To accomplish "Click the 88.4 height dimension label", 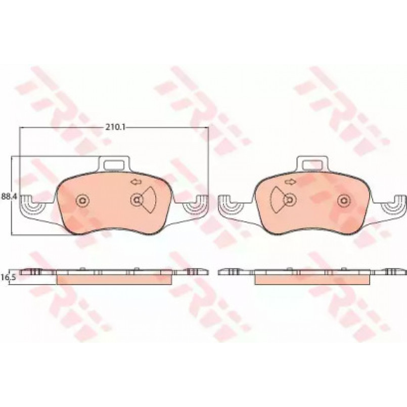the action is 9,196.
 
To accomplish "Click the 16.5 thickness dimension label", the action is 9,277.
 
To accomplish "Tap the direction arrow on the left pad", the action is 135,182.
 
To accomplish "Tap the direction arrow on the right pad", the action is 289,182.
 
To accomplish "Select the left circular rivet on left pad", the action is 83,200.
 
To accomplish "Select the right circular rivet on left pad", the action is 137,200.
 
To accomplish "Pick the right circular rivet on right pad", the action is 344,200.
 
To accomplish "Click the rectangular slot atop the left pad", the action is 114,164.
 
